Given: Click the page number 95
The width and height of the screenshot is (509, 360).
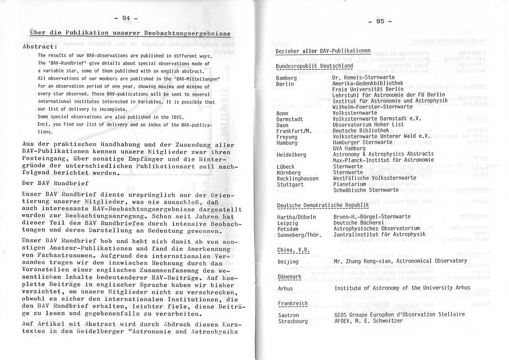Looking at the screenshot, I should pyautogui.click(x=380, y=21).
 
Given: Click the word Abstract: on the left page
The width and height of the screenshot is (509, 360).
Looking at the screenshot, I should pyautogui.click(x=40, y=46).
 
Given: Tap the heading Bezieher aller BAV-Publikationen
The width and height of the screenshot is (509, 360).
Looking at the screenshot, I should pyautogui.click(x=323, y=51).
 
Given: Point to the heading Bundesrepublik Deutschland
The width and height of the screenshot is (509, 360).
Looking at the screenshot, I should pyautogui.click(x=314, y=66).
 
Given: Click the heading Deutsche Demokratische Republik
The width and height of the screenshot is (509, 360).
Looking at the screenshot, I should pyautogui.click(x=323, y=205).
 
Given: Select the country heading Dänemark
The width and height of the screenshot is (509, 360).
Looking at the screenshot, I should pyautogui.click(x=290, y=277).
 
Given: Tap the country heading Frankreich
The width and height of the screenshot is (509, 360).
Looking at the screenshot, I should pyautogui.click(x=292, y=303).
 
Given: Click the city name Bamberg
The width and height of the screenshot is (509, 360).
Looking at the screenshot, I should pyautogui.click(x=286, y=78).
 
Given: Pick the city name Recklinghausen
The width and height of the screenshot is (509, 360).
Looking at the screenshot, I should pyautogui.click(x=297, y=178).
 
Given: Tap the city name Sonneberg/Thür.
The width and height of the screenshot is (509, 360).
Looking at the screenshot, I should pyautogui.click(x=299, y=235).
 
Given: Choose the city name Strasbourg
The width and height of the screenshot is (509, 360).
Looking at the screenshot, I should pyautogui.click(x=293, y=321).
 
